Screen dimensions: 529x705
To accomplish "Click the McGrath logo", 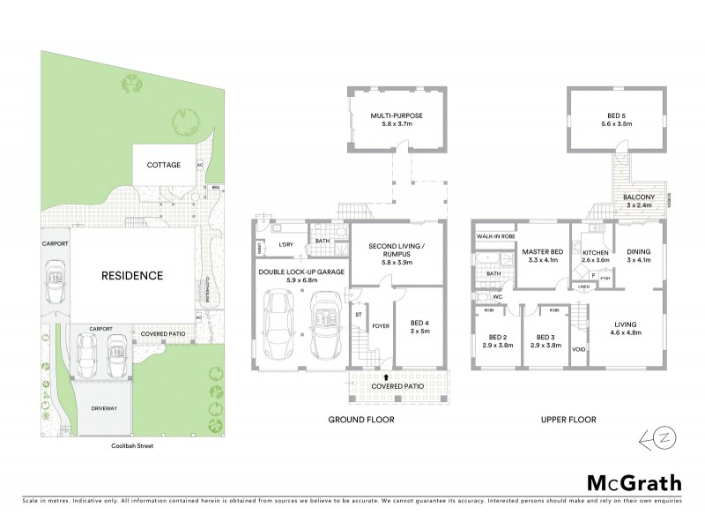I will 633,482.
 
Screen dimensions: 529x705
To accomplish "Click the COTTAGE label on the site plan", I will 164,165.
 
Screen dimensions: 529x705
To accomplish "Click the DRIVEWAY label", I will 103,408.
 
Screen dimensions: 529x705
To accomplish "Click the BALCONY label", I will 637,197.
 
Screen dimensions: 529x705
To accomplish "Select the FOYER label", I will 380,324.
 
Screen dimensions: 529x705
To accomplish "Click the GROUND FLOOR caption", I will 361,420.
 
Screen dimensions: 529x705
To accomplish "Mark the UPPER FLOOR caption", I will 568,420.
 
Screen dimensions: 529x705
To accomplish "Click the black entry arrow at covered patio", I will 385,376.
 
